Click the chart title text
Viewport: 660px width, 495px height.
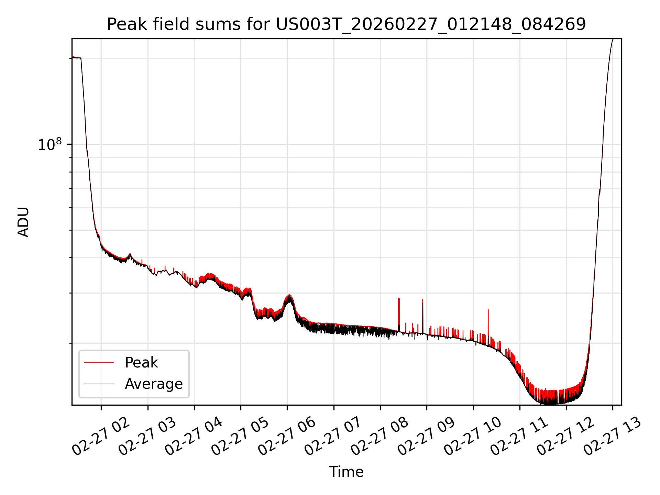(x=346, y=24)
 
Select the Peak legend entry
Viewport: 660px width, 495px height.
(x=141, y=363)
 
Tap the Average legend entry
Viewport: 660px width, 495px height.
(x=153, y=384)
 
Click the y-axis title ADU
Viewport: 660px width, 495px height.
(x=23, y=222)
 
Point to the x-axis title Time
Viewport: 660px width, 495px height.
(x=346, y=472)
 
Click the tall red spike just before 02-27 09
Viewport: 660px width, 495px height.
(x=422, y=301)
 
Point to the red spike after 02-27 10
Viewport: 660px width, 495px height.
(x=488, y=310)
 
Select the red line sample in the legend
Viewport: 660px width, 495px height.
(x=99, y=362)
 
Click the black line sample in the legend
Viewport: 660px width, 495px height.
(x=99, y=384)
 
